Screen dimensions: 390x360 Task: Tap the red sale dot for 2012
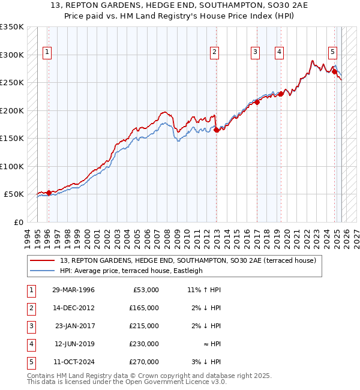click(x=216, y=130)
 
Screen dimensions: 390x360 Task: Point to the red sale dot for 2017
click(x=257, y=102)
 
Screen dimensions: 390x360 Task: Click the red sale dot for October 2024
click(x=334, y=71)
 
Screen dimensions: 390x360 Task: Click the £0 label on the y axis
click(x=18, y=222)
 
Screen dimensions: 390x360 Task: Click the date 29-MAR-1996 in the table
click(x=73, y=290)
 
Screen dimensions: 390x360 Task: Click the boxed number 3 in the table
click(x=30, y=326)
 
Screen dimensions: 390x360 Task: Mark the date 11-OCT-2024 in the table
click(x=73, y=362)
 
